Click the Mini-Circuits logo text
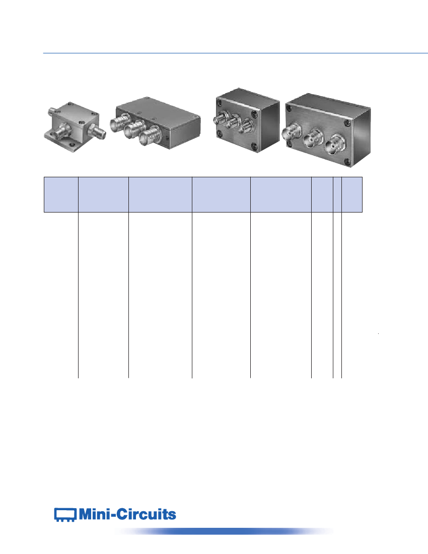pos(127,514)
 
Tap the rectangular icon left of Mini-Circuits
pos(65,515)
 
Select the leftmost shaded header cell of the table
pos(61,195)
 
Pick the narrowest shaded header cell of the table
pos(337,195)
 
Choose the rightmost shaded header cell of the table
pos(352,195)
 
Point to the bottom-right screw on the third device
pos(254,146)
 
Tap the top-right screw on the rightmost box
pos(347,122)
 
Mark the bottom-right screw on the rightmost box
pos(348,162)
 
